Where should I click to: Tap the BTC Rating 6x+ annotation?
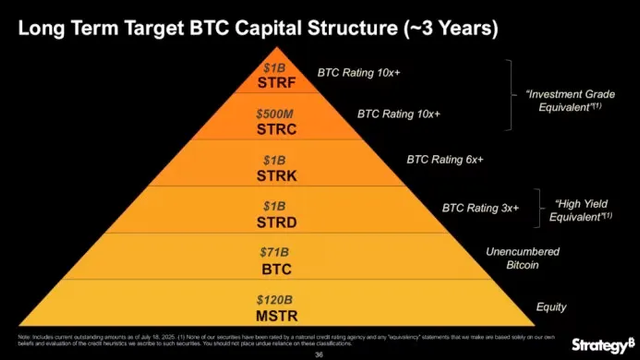pyautogui.click(x=445, y=160)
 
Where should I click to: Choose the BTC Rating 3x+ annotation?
pyautogui.click(x=481, y=208)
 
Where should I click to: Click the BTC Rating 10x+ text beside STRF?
pyautogui.click(x=359, y=73)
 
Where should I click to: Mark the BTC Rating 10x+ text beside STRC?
pyautogui.click(x=399, y=113)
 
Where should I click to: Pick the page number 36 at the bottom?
pyautogui.click(x=320, y=353)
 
